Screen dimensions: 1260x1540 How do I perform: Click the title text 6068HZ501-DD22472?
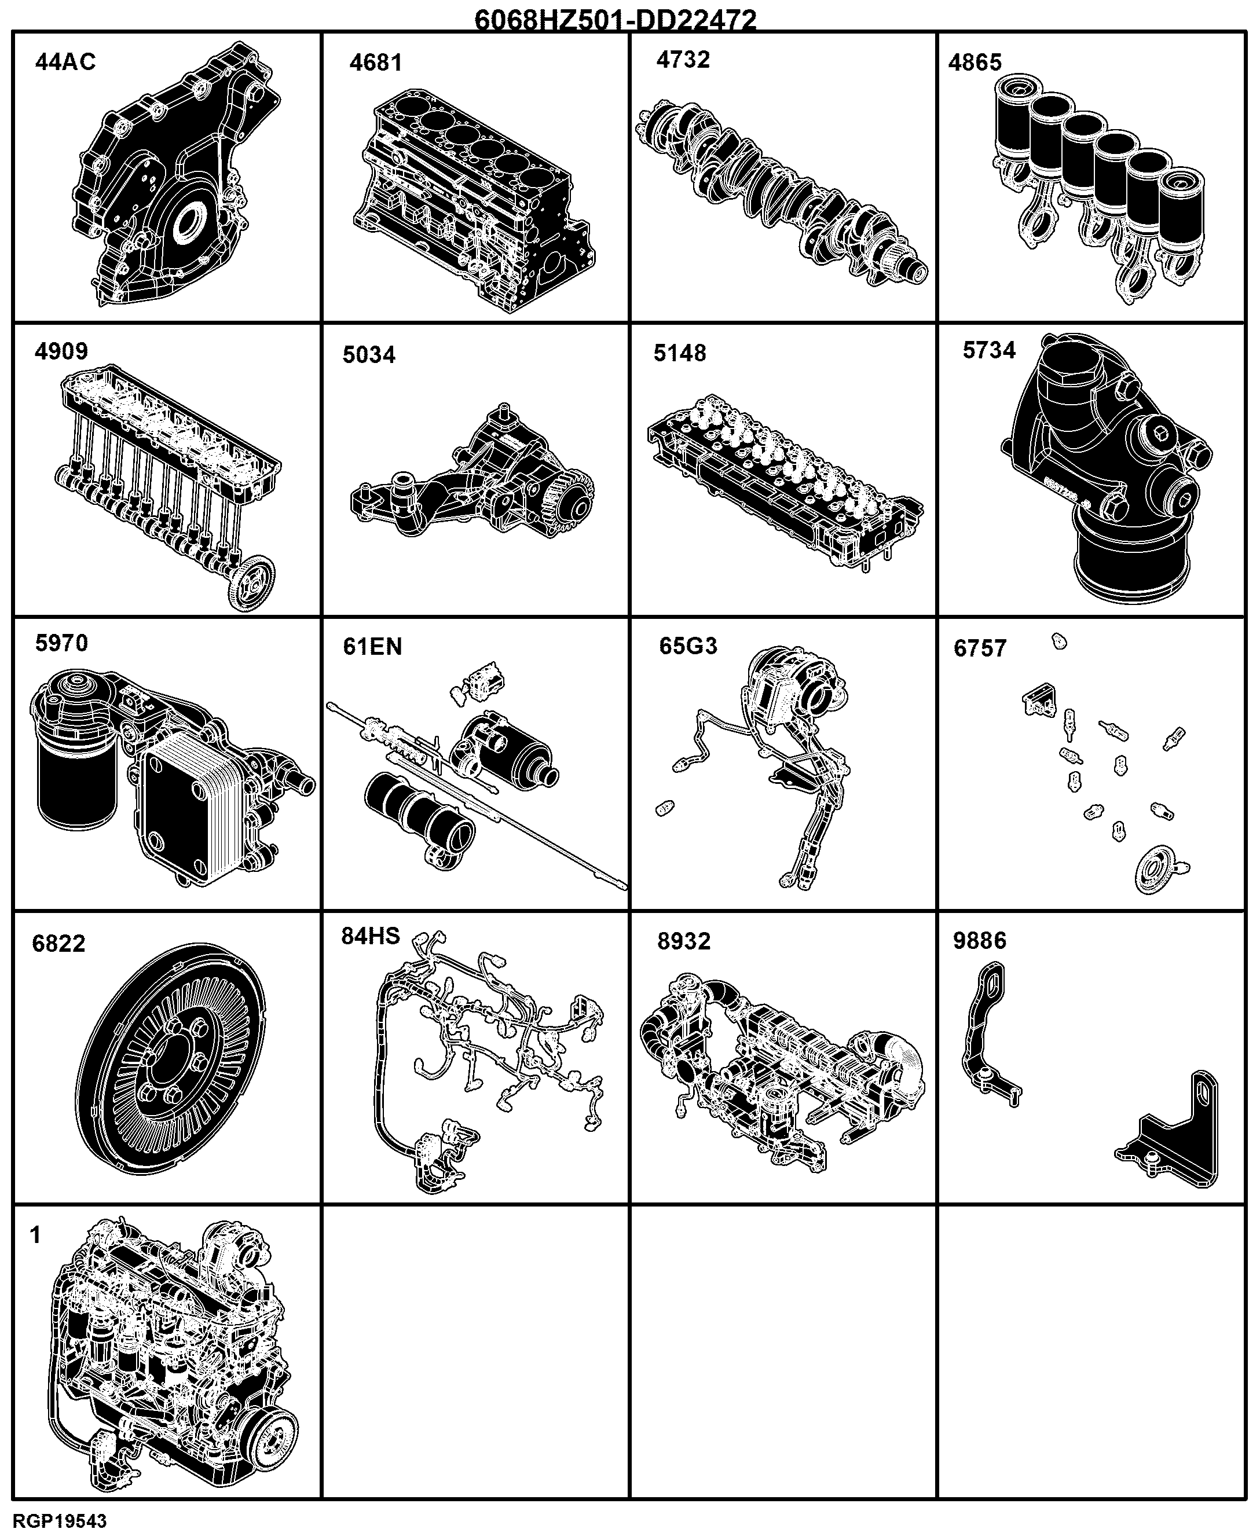(x=616, y=19)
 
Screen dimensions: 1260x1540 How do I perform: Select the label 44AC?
(x=65, y=62)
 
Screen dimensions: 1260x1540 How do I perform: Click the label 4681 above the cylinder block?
(x=375, y=63)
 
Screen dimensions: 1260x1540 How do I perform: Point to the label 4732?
(x=683, y=60)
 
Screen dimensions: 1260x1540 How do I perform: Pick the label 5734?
(x=988, y=350)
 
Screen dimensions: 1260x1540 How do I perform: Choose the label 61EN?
(x=372, y=646)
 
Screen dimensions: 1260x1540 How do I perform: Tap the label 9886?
(x=980, y=941)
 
